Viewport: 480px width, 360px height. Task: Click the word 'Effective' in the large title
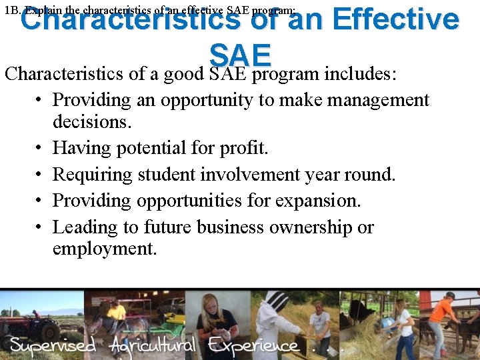[x=395, y=19]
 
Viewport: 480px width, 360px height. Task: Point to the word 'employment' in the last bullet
[x=104, y=249]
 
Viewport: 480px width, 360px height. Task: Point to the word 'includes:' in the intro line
[x=361, y=73]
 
